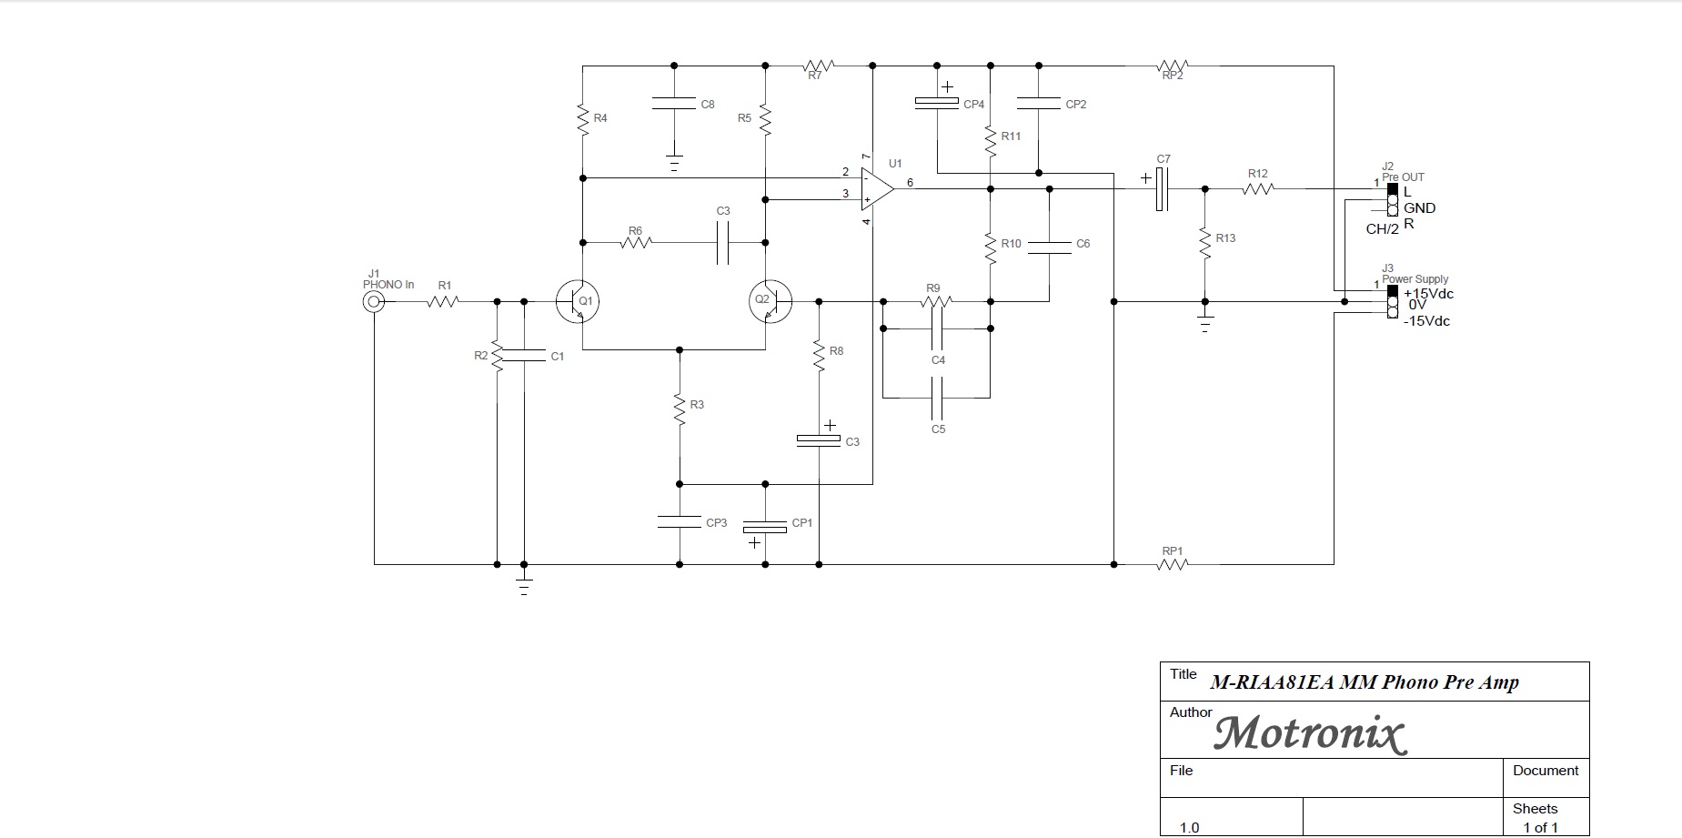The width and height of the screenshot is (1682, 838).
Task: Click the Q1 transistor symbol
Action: point(577,301)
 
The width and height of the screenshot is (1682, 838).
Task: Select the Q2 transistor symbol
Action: point(770,301)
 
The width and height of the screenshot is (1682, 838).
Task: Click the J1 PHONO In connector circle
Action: point(373,302)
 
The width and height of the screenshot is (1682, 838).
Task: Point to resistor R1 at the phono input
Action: point(442,301)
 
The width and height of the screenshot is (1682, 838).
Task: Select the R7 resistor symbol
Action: point(818,66)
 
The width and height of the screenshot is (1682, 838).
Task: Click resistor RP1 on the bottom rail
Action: point(1173,564)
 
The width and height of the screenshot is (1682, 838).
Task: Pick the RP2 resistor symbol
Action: point(1173,66)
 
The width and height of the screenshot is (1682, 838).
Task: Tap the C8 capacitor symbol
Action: point(674,104)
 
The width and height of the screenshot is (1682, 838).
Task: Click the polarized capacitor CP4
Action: point(937,104)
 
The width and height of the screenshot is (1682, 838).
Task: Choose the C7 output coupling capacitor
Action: point(1162,189)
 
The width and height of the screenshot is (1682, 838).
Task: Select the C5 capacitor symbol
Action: point(938,398)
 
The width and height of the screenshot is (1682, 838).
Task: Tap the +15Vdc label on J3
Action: point(1428,294)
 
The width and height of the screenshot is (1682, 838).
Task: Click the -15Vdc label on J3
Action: point(1426,321)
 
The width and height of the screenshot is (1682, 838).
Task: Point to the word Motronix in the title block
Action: point(1310,733)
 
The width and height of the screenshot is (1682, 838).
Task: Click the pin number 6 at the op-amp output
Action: point(910,183)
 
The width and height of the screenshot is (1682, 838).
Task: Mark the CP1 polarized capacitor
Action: point(765,527)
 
